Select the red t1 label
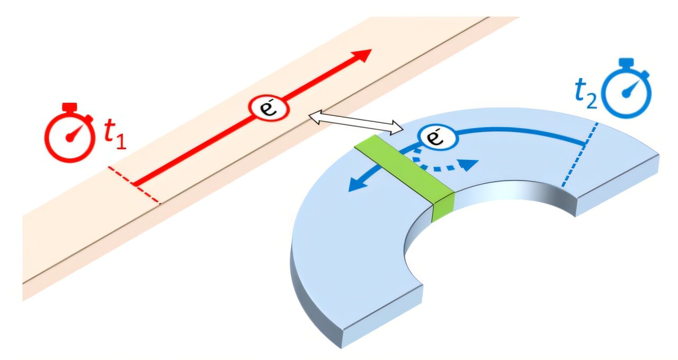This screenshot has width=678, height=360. click(x=114, y=135)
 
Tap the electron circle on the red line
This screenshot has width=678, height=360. click(x=269, y=108)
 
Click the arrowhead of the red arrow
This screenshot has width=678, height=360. click(x=361, y=55)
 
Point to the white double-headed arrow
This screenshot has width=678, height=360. click(x=356, y=123)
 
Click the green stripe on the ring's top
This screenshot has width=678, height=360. click(x=403, y=168)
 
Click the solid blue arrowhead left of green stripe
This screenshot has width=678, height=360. click(x=355, y=185)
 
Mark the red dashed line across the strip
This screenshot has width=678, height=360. click(x=133, y=185)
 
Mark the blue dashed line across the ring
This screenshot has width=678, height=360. click(x=581, y=154)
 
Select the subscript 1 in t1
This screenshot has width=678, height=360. click(x=121, y=142)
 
